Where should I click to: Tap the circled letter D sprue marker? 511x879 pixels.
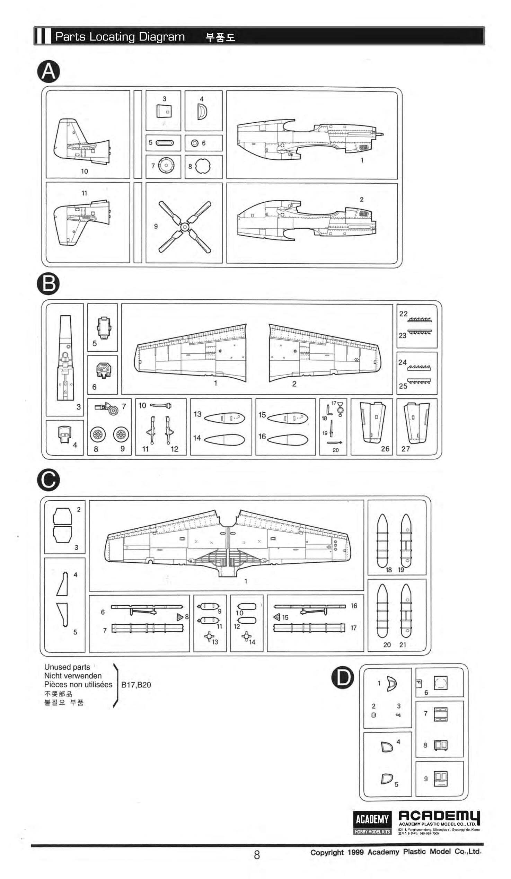point(343,678)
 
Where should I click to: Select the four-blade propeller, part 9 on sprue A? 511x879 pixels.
point(185,227)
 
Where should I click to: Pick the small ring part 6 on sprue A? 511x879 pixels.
point(195,143)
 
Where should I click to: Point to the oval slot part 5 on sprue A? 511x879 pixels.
point(165,143)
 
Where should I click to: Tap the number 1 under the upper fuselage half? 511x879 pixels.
point(362,160)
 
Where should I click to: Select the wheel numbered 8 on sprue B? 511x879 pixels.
point(98,434)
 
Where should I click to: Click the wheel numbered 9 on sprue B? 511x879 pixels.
point(121,434)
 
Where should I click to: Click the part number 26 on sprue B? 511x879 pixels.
point(385,449)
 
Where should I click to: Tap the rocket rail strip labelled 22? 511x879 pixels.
point(419,319)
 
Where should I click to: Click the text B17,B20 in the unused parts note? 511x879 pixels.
point(136,685)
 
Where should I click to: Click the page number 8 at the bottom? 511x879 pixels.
point(257,855)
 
